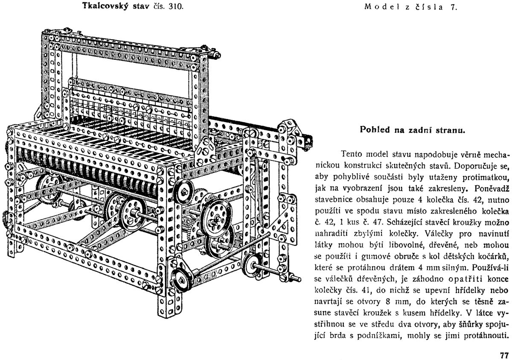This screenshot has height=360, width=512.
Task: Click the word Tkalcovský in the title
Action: click(104, 7)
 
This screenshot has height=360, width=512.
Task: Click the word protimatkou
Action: click(484, 177)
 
